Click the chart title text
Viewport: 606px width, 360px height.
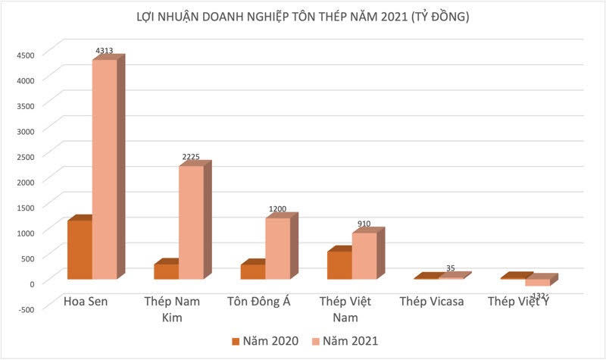point(303,17)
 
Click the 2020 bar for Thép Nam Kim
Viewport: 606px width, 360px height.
point(166,271)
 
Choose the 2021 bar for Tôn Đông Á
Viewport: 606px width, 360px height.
point(277,248)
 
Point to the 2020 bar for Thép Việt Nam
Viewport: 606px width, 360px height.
point(339,265)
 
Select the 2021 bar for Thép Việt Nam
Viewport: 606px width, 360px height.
point(364,255)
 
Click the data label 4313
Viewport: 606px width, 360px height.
point(105,51)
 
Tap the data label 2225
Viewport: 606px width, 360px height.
point(191,158)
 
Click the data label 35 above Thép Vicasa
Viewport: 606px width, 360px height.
point(450,268)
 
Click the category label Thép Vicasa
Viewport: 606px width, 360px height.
point(432,302)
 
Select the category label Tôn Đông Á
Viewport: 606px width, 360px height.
point(259,302)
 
